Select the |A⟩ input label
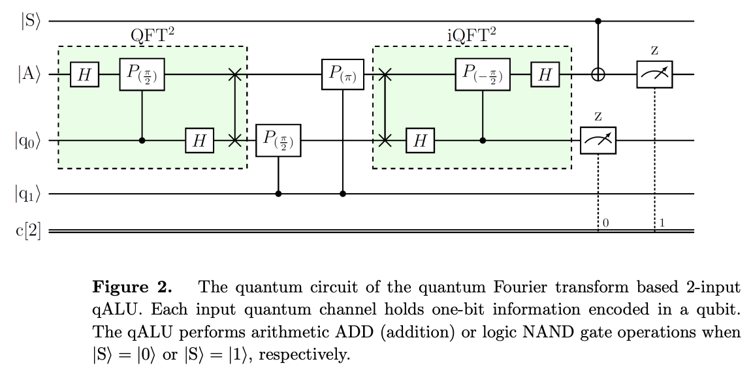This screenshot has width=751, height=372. pos(31,76)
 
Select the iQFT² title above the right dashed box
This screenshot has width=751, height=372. pos(471,35)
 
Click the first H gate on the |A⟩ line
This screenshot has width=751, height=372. pos(84,76)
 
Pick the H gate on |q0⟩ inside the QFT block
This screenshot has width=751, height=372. pos(199,141)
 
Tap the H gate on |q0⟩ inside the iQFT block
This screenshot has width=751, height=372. pos(421,141)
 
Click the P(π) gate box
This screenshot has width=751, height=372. pos(342,76)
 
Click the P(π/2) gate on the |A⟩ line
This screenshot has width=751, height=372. pos(142,74)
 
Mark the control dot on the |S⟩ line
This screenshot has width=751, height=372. pos(598,21)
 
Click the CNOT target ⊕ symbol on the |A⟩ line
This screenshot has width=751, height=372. pos(598,76)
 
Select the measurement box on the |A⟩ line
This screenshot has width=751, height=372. pos(654,75)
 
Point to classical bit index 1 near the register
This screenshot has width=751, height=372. pos(662,223)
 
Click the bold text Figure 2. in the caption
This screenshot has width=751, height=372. pos(133,287)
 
